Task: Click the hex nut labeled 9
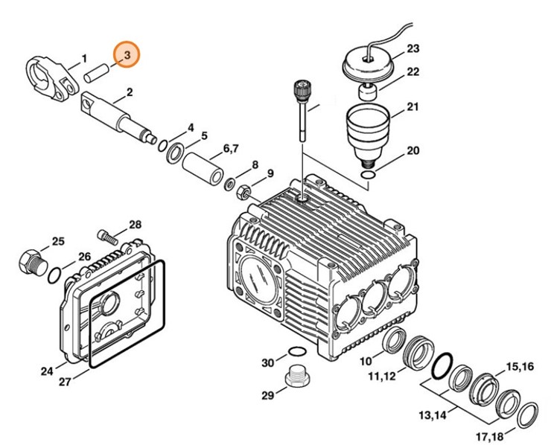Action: tap(243, 192)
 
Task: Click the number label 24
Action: tap(46, 371)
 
